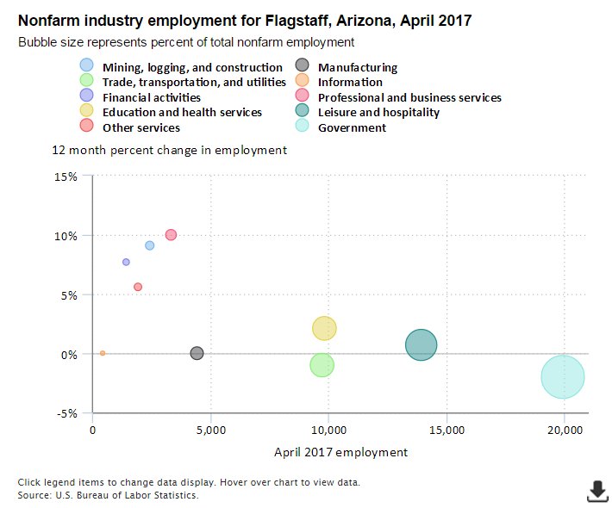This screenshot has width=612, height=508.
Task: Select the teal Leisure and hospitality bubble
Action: click(x=421, y=345)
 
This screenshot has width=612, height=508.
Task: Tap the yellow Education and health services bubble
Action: click(x=324, y=328)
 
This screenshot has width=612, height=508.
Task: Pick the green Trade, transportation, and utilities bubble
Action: click(x=322, y=365)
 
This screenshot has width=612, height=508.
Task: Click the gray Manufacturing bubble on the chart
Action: click(x=197, y=353)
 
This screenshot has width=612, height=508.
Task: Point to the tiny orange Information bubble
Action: click(x=103, y=353)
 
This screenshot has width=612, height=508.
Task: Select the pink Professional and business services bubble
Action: click(x=171, y=235)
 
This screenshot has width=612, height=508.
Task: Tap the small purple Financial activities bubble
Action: click(x=126, y=262)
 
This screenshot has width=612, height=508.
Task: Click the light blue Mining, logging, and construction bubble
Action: click(x=149, y=245)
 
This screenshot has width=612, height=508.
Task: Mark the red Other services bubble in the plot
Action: click(x=138, y=287)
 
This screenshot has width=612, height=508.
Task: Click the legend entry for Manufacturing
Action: click(x=357, y=67)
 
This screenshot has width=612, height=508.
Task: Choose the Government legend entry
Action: click(x=352, y=127)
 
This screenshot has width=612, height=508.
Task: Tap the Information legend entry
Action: click(x=349, y=82)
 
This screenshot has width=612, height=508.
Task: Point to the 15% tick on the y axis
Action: click(x=66, y=177)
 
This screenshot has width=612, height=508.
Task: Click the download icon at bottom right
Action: click(x=596, y=492)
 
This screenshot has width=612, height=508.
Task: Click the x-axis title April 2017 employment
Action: click(x=340, y=451)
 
